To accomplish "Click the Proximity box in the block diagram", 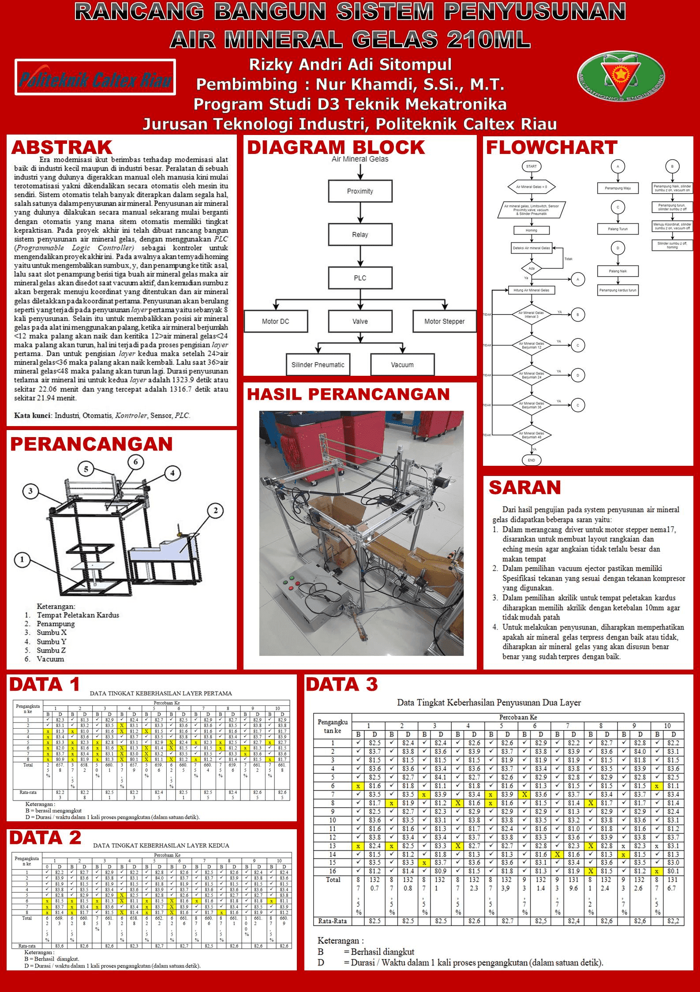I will pos(360,191).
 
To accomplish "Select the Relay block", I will pos(360,234).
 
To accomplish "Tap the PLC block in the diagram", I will pos(360,278).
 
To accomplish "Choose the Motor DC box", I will pos(276,321).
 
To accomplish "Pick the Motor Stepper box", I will pos(444,321).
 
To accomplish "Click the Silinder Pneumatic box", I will pos(318,365).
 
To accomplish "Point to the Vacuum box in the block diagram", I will pos(402,365).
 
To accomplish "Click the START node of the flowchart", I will pos(531,166).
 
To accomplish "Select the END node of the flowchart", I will pos(531,460).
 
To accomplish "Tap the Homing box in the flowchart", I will pos(531,230).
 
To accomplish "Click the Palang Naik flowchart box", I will pos(618,271).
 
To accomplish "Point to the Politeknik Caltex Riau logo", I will pos(95,77).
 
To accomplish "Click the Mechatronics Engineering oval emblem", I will pos(621,76).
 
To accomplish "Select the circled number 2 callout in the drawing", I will pos(215,511).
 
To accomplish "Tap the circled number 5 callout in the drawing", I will pos(86,469).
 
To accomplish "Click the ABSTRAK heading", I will pos(62,147).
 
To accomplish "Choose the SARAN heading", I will pos(524,488).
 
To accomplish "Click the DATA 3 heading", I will pos(342,685).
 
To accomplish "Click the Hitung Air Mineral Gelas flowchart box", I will pos(531,290).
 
